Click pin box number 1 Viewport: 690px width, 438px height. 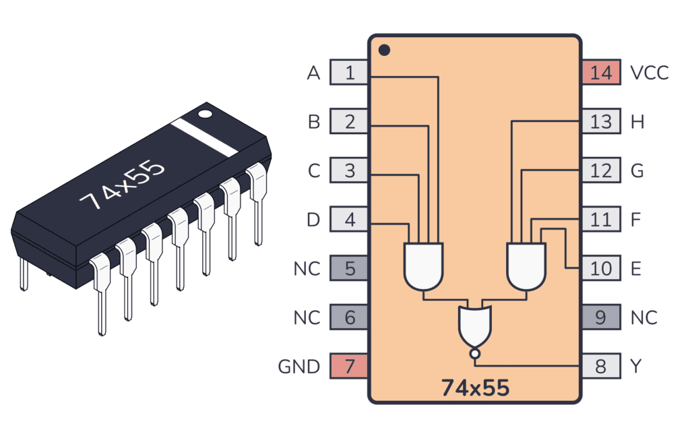click(x=349, y=73)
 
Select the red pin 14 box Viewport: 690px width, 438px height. click(x=600, y=73)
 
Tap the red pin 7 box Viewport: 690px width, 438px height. click(x=349, y=366)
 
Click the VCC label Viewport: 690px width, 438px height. click(x=649, y=73)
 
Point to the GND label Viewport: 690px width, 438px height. click(x=299, y=367)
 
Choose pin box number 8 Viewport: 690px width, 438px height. click(x=600, y=366)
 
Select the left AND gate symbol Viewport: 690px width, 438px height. click(x=424, y=265)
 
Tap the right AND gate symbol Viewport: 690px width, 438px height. click(x=526, y=265)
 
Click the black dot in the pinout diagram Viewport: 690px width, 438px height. click(x=384, y=50)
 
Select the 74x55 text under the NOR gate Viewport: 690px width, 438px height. click(x=475, y=388)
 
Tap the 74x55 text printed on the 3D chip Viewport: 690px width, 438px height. click(x=122, y=185)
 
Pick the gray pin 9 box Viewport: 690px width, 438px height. click(x=600, y=317)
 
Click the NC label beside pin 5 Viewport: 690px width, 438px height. click(x=307, y=269)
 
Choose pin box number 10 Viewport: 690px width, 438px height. click(x=600, y=268)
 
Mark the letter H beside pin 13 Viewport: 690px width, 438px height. click(x=637, y=122)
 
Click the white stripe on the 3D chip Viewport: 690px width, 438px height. click(x=204, y=137)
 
